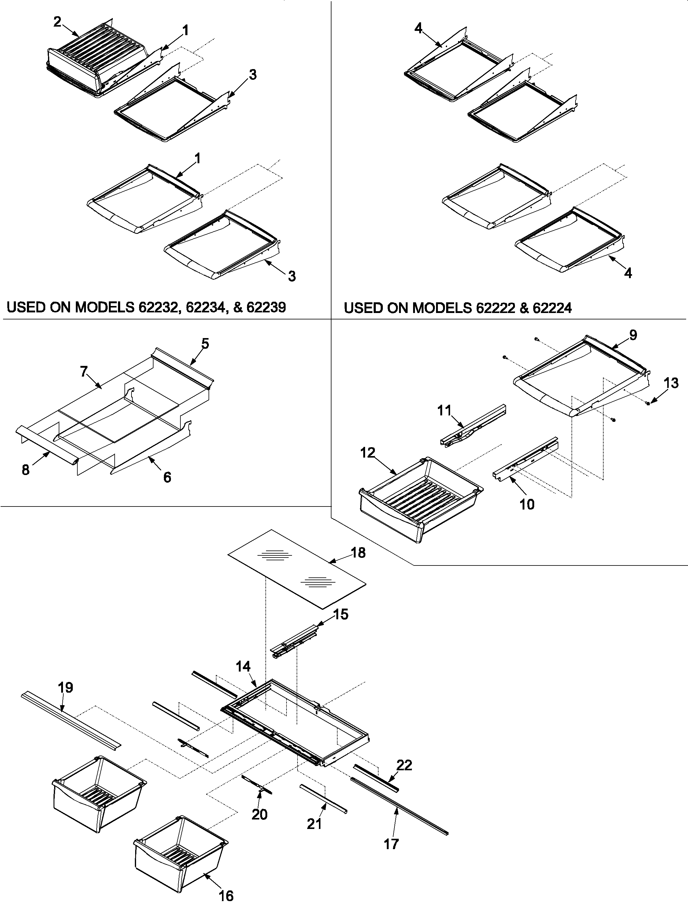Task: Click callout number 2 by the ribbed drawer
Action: click(58, 22)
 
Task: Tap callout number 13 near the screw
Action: click(671, 383)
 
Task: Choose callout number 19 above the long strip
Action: click(65, 687)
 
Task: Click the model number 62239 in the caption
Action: click(266, 308)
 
